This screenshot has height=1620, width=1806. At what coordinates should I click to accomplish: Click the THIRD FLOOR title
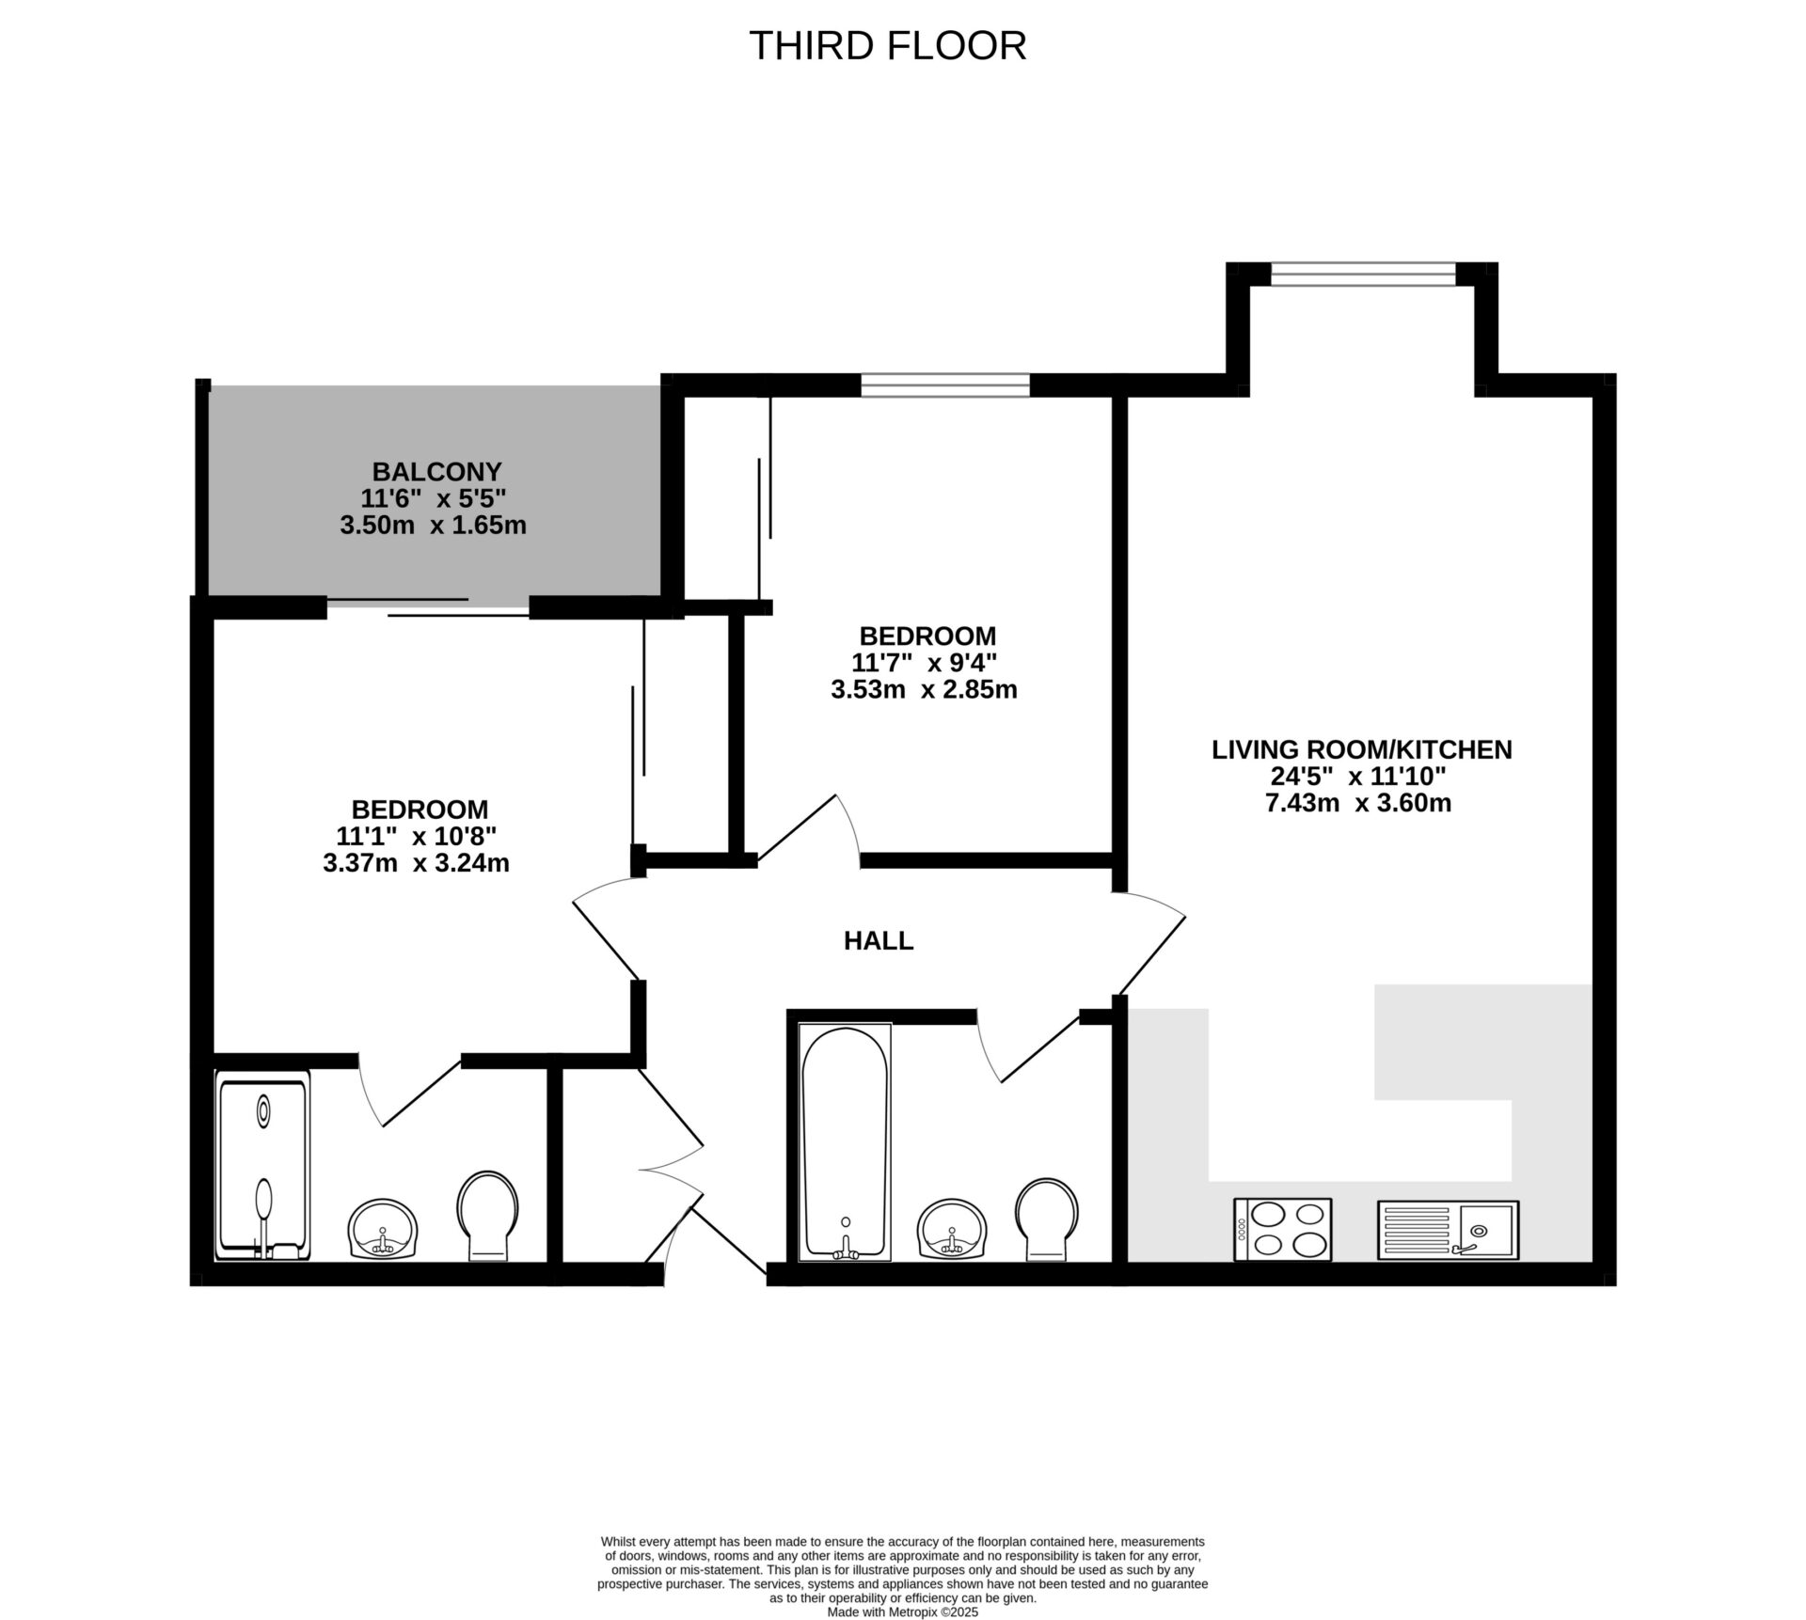pyautogui.click(x=887, y=46)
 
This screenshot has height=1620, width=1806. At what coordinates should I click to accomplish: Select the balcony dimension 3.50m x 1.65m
pyautogui.click(x=433, y=525)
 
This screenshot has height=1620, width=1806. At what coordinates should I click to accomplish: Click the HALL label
pyautogui.click(x=878, y=940)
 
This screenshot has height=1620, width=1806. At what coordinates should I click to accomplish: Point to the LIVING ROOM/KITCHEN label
pyautogui.click(x=1361, y=749)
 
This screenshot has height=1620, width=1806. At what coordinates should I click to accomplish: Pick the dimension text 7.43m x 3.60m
pyautogui.click(x=1358, y=803)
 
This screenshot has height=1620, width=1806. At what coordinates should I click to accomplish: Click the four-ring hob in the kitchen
pyautogui.click(x=1282, y=1229)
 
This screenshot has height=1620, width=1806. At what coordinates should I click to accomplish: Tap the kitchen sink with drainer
pyautogui.click(x=1448, y=1230)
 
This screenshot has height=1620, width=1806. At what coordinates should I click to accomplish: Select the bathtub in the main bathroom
pyautogui.click(x=844, y=1142)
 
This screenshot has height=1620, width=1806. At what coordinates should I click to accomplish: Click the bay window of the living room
pyautogui.click(x=1362, y=274)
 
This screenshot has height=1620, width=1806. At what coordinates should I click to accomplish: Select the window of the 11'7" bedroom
pyautogui.click(x=944, y=385)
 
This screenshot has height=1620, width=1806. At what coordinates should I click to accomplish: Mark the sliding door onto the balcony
pyautogui.click(x=428, y=606)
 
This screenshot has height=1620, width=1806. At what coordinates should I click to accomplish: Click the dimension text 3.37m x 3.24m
pyautogui.click(x=416, y=863)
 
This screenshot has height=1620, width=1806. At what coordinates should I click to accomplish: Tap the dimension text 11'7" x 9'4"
pyautogui.click(x=924, y=663)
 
